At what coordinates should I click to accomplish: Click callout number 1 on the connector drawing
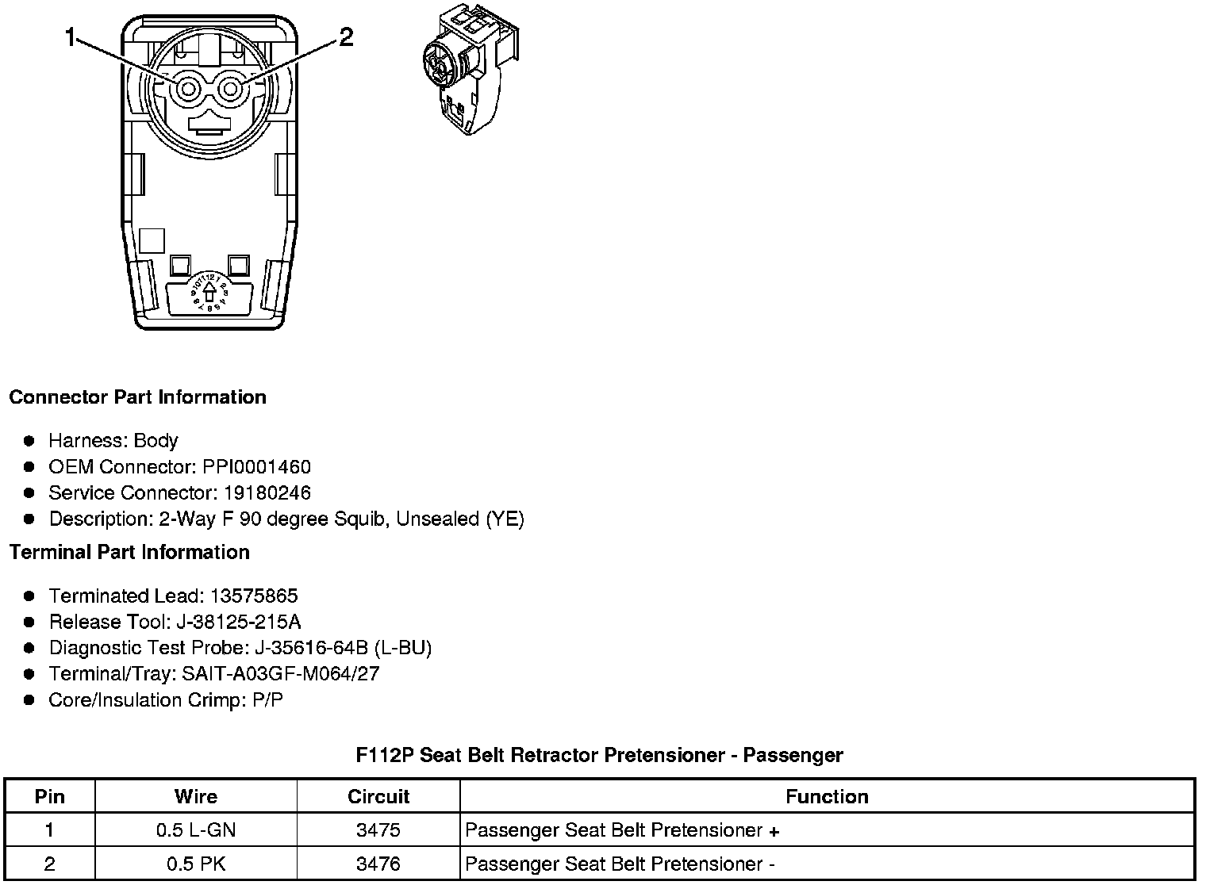(71, 37)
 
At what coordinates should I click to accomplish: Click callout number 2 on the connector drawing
(346, 37)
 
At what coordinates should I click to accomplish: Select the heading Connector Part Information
(137, 397)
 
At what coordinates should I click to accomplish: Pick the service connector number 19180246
(267, 492)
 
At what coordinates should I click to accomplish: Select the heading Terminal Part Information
(129, 552)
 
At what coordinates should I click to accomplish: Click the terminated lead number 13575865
(253, 596)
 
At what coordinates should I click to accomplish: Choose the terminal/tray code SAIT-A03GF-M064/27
(282, 674)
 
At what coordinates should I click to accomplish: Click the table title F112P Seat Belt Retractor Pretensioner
(599, 755)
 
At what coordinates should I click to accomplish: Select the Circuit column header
(378, 796)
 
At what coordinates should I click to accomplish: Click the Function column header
(827, 796)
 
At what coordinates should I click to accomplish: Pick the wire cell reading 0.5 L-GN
(196, 830)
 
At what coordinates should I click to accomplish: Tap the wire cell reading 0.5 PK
(196, 864)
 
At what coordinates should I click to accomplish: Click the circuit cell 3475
(378, 830)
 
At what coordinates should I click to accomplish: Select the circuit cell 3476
(378, 864)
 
